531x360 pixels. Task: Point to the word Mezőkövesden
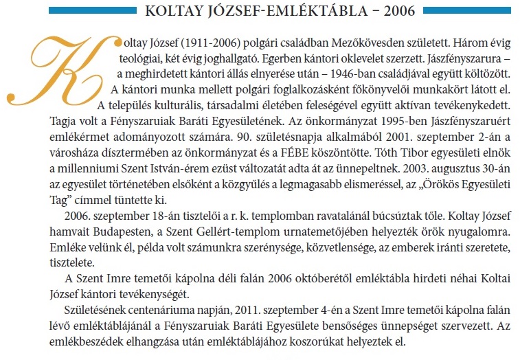(x=317, y=45)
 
